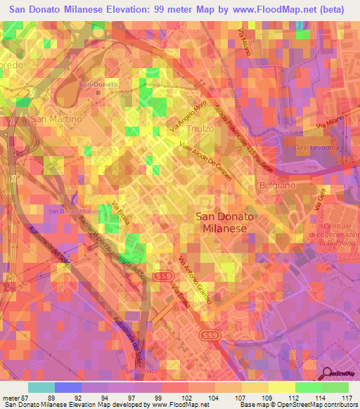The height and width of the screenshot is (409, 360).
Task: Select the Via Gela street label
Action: pyautogui.click(x=319, y=207)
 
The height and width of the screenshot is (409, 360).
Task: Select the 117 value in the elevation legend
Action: pyautogui.click(x=346, y=399)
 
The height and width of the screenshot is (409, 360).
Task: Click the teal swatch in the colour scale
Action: pyautogui.click(x=41, y=387)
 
